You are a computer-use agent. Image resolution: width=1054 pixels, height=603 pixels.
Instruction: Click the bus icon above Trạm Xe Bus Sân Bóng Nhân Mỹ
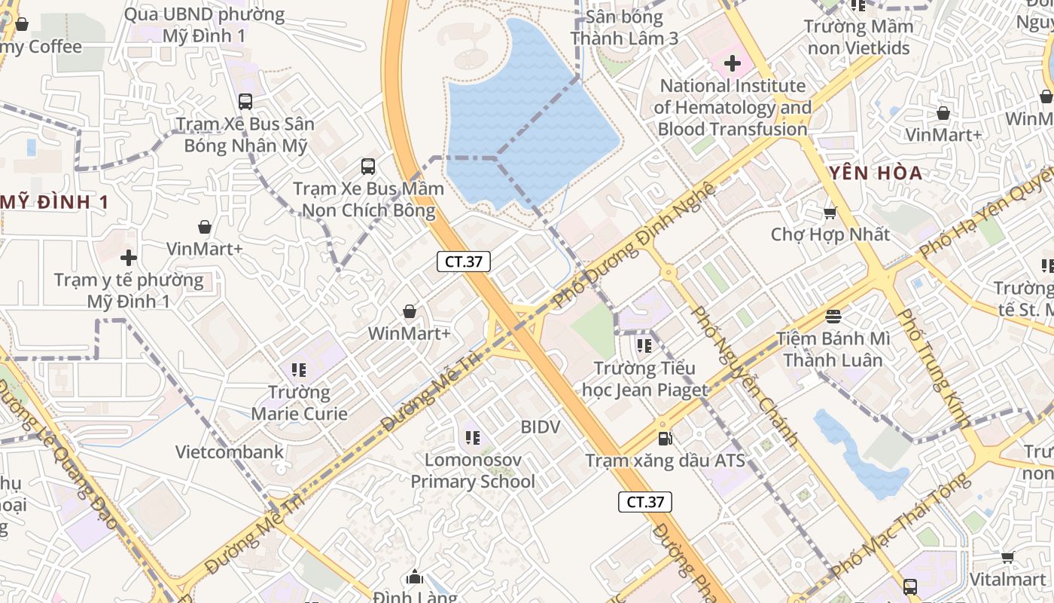point(245,101)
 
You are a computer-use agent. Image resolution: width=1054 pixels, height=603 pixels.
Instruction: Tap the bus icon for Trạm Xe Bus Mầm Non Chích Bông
point(367,166)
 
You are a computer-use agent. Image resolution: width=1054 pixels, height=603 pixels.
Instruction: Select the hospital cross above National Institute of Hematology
point(732,63)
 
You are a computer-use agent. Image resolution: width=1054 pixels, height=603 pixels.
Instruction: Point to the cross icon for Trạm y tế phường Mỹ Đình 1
point(129,257)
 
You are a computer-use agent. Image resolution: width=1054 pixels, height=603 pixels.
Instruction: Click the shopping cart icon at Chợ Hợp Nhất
point(830,213)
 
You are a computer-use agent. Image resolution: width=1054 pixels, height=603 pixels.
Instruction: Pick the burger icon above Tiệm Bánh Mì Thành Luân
point(833,316)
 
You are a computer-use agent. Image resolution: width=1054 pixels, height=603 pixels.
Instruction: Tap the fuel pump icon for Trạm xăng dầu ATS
point(665,438)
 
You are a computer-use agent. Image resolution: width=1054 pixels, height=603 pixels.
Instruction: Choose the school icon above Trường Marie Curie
point(299,369)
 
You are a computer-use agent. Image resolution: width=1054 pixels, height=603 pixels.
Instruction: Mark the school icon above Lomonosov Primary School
point(472,437)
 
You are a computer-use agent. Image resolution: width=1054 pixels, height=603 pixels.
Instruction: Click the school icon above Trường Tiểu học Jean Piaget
point(644,346)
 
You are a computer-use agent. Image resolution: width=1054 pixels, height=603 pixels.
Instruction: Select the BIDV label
point(541,427)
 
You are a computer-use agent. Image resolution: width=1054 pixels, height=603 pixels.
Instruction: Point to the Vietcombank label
point(230,452)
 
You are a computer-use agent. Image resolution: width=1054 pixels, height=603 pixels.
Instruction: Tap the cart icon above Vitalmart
point(1007,557)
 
